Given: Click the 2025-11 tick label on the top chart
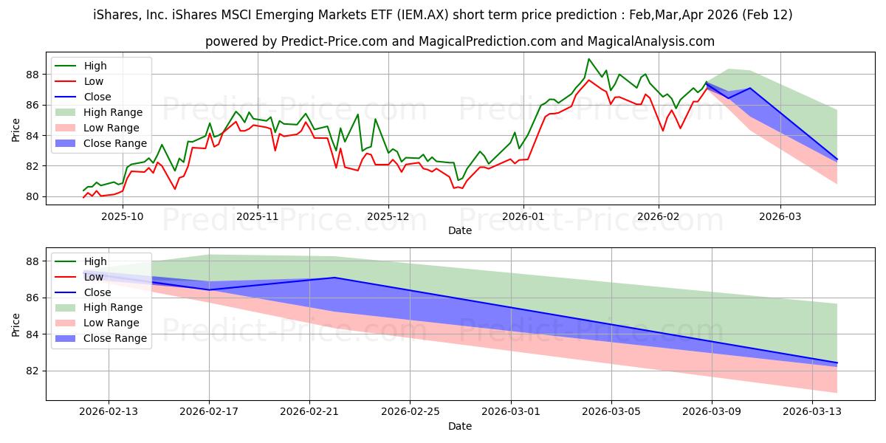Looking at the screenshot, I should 257,216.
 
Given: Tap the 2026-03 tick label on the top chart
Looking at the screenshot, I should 780,216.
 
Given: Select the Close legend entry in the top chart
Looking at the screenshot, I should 97,97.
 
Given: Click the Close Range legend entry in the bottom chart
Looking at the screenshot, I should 115,339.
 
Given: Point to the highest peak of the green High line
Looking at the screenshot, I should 588,59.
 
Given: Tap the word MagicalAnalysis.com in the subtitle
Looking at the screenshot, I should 642,41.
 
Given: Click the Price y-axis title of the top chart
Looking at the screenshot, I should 16,129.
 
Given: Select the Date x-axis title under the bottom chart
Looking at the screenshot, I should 460,426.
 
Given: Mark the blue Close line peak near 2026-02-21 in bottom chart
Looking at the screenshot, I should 334,278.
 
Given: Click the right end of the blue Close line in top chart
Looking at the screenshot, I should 837,159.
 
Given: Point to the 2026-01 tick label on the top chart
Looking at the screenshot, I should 523,216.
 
